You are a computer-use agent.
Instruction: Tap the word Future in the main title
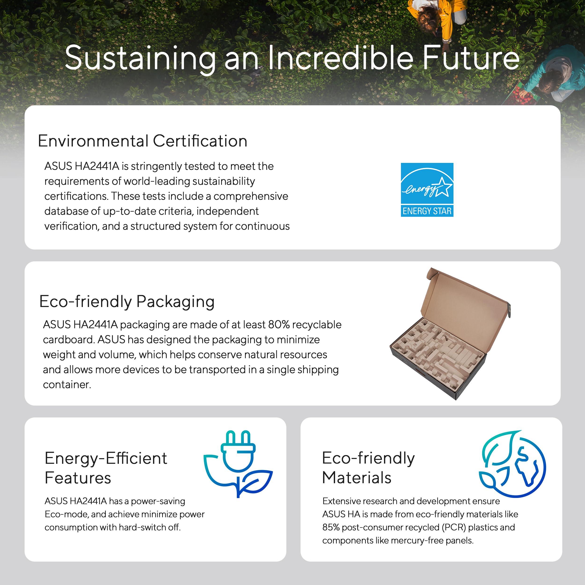(x=471, y=58)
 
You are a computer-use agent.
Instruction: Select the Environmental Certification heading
(x=143, y=141)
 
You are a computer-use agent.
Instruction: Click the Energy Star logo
(x=427, y=190)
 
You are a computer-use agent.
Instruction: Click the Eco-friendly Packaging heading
(x=127, y=302)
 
